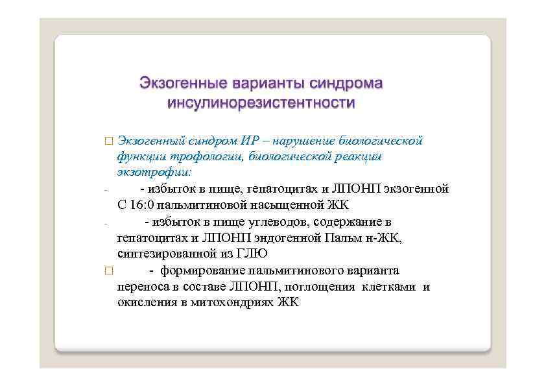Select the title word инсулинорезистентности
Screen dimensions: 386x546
(261, 103)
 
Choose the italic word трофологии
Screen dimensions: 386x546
(190, 157)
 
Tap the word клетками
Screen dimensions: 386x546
(389, 287)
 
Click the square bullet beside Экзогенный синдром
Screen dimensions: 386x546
(108, 141)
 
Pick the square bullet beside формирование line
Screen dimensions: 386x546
(108, 271)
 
